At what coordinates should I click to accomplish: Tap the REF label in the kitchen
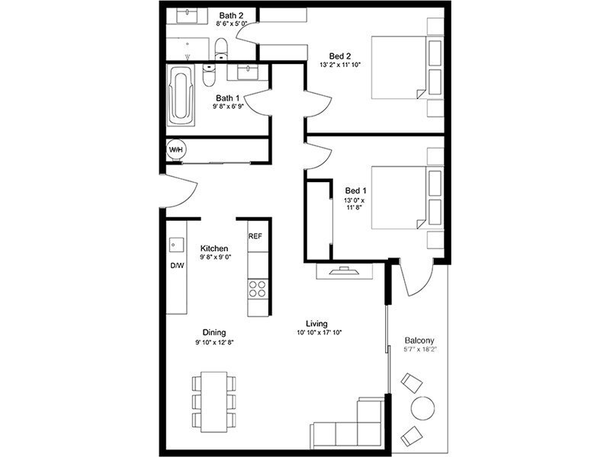click(255, 236)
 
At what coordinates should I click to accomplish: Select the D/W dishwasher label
click(177, 266)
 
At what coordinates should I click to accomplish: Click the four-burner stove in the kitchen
click(258, 289)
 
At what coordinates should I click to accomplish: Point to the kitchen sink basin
click(176, 245)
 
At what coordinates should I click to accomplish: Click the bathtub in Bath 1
click(181, 94)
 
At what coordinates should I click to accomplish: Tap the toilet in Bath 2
click(220, 49)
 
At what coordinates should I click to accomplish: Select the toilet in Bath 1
click(208, 75)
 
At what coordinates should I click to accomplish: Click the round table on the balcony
click(423, 407)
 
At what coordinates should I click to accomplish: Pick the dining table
click(214, 402)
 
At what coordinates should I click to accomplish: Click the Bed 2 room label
click(340, 56)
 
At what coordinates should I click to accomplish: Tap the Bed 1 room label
click(355, 190)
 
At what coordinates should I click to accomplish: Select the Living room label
click(316, 323)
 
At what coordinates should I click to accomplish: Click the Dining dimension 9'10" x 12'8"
click(214, 342)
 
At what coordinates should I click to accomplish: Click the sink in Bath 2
click(187, 16)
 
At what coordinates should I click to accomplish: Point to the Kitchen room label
click(214, 248)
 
